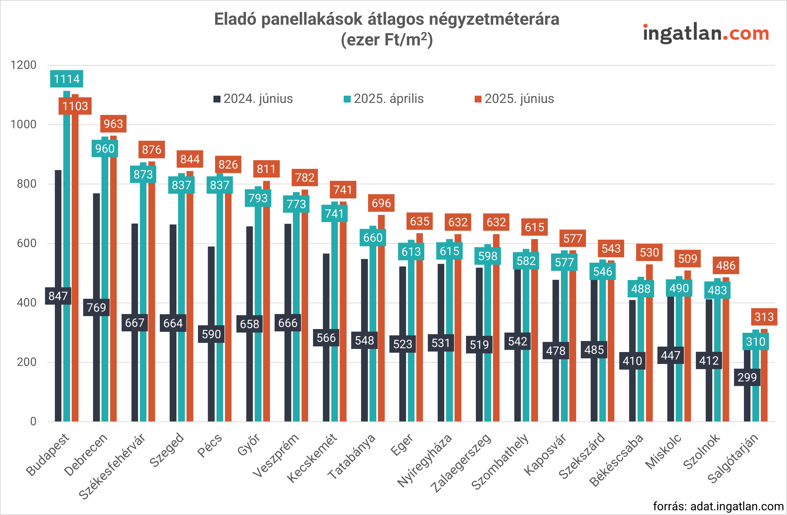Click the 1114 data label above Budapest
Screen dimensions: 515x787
tap(67, 79)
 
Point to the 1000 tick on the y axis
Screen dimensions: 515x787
tap(23, 125)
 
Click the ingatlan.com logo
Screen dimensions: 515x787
tap(706, 34)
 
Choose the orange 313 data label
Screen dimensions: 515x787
tap(764, 317)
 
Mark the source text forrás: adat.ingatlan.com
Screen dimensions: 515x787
tap(718, 506)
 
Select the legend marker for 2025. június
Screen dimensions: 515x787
tap(478, 99)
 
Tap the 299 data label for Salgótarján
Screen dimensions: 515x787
tap(747, 377)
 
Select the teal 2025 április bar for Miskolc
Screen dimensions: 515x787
tap(679, 364)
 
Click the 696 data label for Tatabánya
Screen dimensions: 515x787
tap(381, 203)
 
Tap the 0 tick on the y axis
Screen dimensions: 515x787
tap(33, 421)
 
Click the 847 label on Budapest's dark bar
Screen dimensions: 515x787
tap(58, 295)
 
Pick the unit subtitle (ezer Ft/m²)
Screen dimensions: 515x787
tap(387, 40)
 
